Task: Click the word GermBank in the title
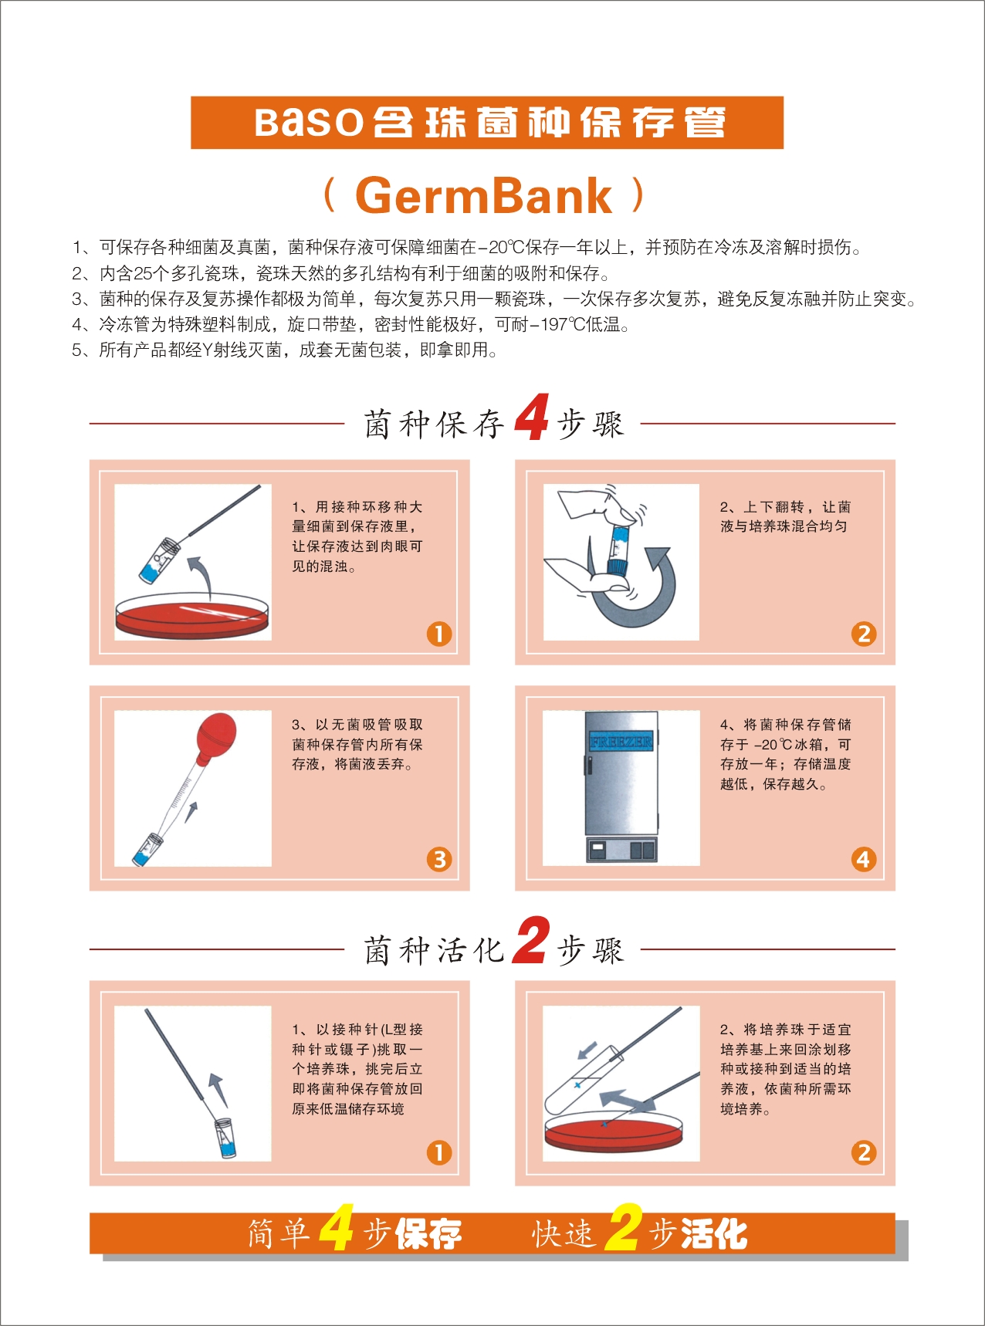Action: point(483,196)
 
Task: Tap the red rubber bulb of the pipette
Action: point(217,736)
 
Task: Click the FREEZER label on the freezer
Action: point(621,742)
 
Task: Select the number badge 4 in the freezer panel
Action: point(863,859)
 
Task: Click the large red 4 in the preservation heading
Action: point(533,417)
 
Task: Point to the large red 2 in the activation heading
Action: point(531,940)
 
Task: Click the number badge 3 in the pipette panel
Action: point(439,859)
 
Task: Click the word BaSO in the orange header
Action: point(309,123)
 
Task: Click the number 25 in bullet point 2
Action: point(142,273)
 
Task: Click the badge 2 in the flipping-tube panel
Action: point(863,634)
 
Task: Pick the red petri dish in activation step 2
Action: point(614,1135)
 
